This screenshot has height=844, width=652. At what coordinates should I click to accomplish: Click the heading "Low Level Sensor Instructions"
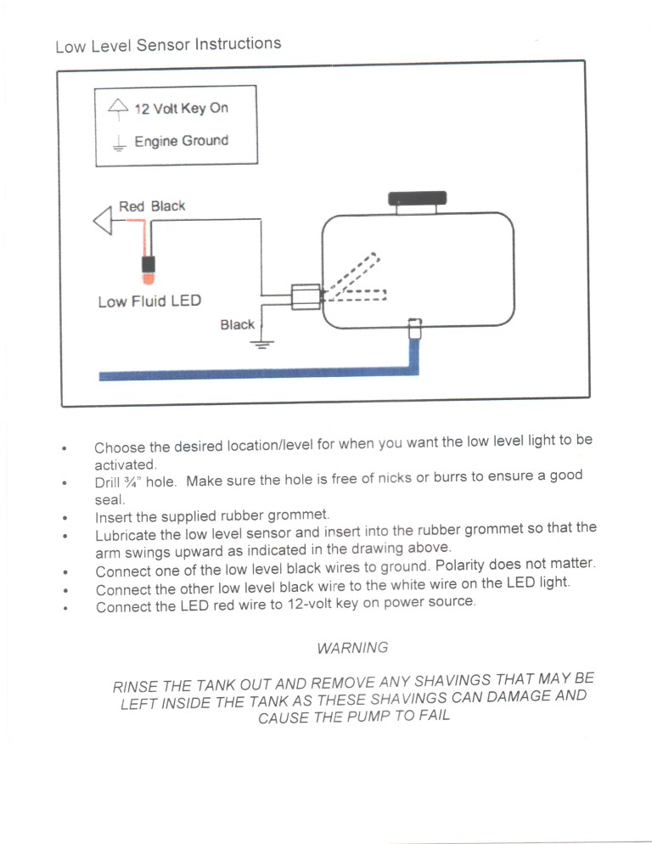[x=168, y=44]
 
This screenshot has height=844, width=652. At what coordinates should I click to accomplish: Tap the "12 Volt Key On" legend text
[x=181, y=108]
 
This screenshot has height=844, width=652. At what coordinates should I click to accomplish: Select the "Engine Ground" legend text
[x=181, y=141]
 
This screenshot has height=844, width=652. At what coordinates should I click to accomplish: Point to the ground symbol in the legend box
[x=118, y=143]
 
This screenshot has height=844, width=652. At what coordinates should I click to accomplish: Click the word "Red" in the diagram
[x=132, y=206]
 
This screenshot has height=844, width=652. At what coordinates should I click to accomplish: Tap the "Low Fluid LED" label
[x=149, y=301]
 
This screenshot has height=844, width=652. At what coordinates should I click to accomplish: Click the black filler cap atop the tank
[x=418, y=199]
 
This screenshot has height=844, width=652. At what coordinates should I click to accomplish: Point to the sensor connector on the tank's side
[x=306, y=296]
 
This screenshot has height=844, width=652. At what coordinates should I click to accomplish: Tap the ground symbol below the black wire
[x=263, y=343]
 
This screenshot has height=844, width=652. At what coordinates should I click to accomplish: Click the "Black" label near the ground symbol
[x=237, y=324]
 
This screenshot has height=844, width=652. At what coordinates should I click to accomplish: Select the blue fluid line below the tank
[x=255, y=374]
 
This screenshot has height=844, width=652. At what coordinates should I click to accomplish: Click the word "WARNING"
[x=351, y=648]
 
